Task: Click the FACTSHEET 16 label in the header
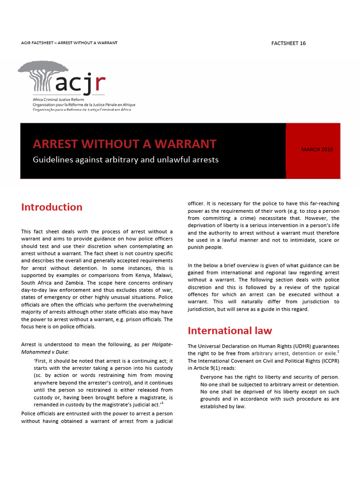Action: point(288,43)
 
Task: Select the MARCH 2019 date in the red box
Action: point(317,150)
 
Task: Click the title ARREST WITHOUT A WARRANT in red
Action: point(125,144)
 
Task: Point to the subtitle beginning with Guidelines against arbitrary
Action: point(126,160)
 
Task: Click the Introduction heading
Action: point(52,207)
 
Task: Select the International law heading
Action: point(230,330)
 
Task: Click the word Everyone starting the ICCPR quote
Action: point(214,377)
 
